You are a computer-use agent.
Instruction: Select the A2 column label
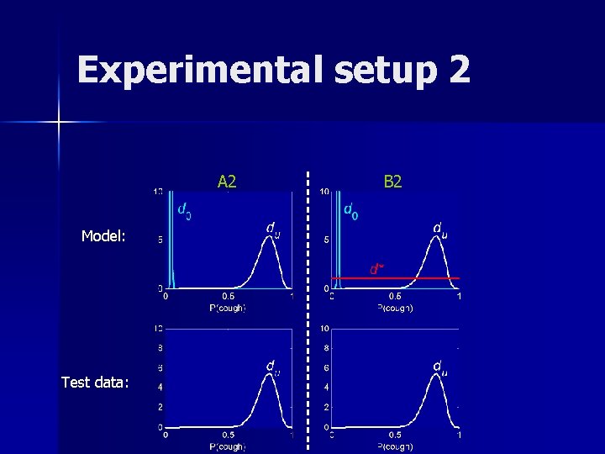click(x=227, y=182)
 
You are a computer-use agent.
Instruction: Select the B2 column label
click(x=393, y=182)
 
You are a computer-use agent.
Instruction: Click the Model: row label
click(x=103, y=236)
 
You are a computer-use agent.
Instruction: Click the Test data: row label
click(x=95, y=383)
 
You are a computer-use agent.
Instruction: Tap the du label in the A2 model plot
click(x=273, y=228)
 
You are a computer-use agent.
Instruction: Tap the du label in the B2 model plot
click(x=439, y=228)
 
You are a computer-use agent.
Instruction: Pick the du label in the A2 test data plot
click(x=273, y=367)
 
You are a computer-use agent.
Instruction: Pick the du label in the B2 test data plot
click(x=439, y=367)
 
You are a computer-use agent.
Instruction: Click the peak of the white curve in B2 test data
click(x=436, y=373)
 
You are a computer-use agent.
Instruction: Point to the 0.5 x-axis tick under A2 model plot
click(x=228, y=296)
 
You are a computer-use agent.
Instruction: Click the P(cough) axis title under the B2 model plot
click(x=394, y=307)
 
